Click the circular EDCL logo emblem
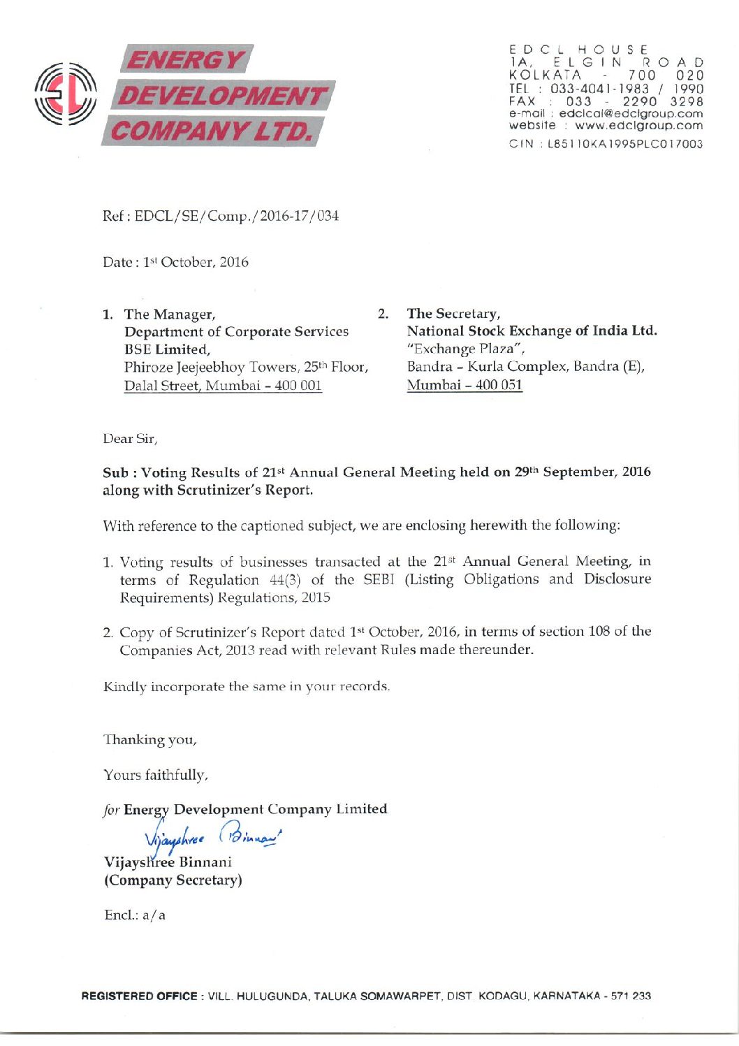tap(66, 94)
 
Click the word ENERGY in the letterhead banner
tap(186, 60)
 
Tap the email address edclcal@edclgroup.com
tap(631, 113)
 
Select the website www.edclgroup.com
tap(638, 126)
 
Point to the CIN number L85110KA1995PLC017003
tap(625, 144)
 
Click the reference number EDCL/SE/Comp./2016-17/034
tap(237, 216)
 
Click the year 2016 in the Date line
tap(234, 262)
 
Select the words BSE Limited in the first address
tap(167, 349)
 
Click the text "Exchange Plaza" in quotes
tap(466, 349)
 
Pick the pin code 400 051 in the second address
tap(499, 384)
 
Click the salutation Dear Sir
tap(130, 439)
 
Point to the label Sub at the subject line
tap(115, 472)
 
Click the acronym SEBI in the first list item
tap(379, 579)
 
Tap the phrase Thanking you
tap(150, 739)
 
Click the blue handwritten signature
tap(212, 834)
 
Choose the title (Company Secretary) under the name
tap(173, 880)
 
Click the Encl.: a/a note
tap(135, 915)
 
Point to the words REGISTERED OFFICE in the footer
tap(139, 996)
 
